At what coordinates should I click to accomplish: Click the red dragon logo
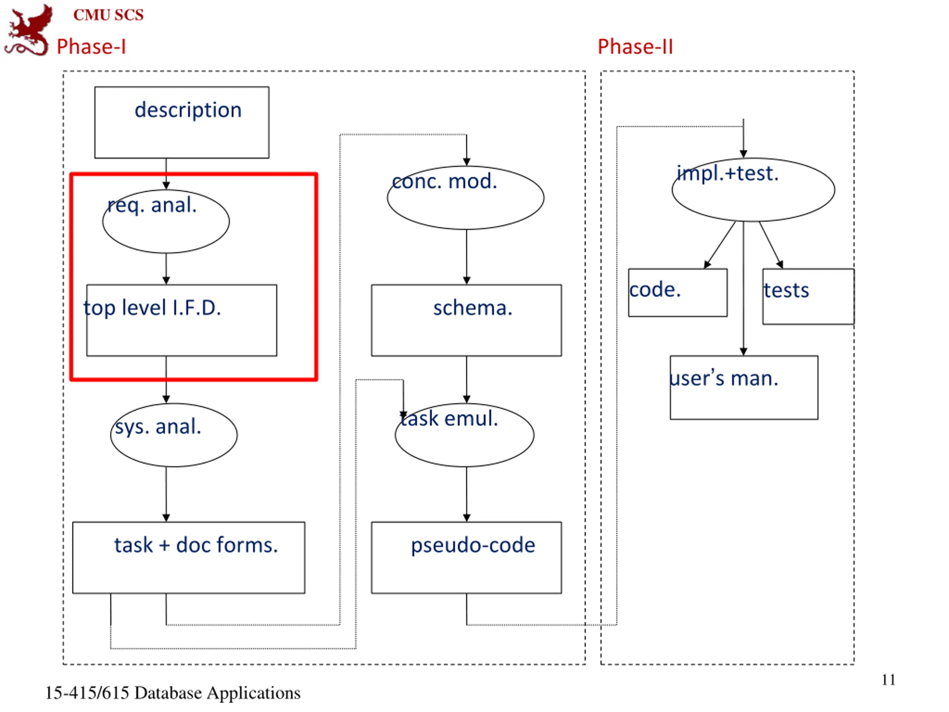pos(28,30)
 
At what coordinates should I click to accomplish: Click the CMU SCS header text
pos(109,15)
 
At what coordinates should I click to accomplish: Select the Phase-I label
pos(92,46)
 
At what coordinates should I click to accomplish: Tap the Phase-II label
pos(635,46)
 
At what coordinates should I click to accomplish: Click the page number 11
pos(889,680)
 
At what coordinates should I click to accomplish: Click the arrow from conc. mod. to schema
pos(467,257)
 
